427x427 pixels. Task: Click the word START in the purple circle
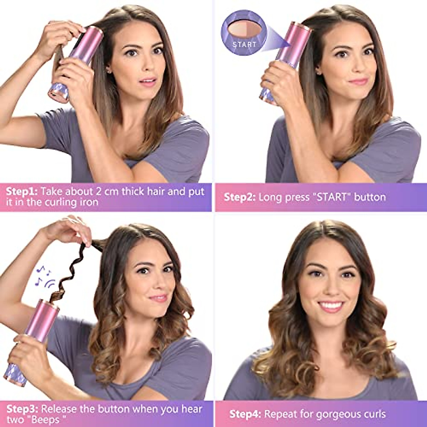244,44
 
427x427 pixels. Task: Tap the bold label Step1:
21,191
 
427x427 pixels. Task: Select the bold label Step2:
239,197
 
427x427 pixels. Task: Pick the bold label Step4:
245,414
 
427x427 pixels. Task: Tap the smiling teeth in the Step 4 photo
331,305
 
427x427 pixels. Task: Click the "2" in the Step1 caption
99,191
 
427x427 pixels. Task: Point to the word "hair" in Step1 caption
154,191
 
